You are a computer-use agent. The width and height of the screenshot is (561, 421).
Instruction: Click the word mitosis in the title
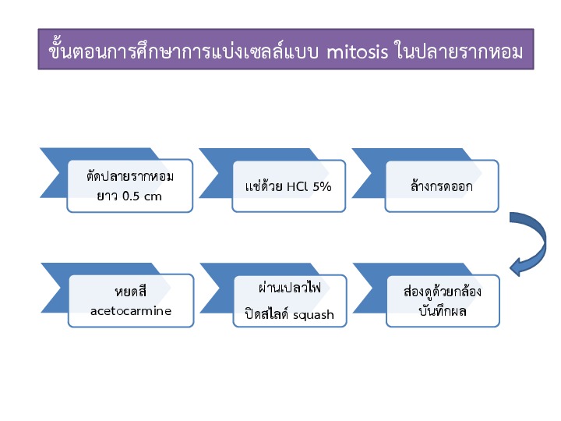click(357, 52)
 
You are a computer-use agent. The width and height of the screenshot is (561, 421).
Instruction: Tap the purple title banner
click(286, 49)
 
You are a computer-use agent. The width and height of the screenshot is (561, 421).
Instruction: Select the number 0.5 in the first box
click(131, 196)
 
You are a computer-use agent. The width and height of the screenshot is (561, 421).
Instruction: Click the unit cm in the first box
click(153, 197)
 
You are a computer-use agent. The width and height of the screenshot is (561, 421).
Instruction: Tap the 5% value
click(322, 186)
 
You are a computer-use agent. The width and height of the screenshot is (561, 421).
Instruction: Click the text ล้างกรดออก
click(442, 186)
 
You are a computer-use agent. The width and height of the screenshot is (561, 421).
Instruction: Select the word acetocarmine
click(131, 311)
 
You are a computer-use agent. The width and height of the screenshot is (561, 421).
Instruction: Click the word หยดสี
click(131, 291)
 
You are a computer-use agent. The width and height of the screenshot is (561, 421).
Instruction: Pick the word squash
click(313, 315)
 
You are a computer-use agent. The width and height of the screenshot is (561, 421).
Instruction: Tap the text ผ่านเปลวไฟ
click(289, 288)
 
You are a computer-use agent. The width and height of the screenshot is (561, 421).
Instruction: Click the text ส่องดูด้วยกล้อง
click(443, 292)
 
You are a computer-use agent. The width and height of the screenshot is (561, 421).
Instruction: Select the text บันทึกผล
click(443, 311)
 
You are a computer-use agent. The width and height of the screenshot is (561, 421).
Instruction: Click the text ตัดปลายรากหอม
click(130, 176)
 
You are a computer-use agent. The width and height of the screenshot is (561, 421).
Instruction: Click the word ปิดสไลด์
click(267, 313)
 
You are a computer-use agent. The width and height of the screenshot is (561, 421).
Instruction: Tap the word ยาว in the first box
click(108, 196)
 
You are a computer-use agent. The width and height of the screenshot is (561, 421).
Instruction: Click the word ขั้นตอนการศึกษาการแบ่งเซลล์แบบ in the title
click(183, 51)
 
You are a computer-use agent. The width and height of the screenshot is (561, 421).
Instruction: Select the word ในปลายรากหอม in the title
click(459, 51)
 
